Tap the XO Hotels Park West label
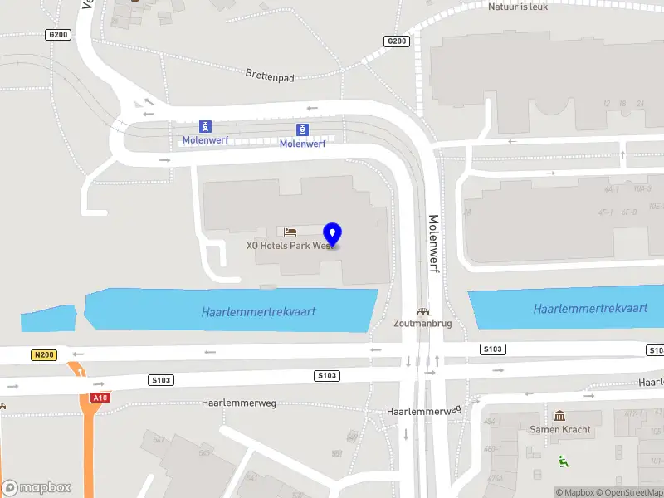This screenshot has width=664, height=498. click(x=289, y=246)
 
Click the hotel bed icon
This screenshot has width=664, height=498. click(x=290, y=231)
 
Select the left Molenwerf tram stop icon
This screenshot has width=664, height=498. click(x=206, y=127)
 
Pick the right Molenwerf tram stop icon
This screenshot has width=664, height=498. click(x=303, y=129)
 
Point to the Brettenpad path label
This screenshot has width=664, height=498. click(x=271, y=75)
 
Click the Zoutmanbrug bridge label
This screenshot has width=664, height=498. click(x=423, y=324)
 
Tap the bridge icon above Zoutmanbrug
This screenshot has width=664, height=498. click(x=423, y=312)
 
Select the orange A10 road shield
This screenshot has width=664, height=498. click(x=100, y=398)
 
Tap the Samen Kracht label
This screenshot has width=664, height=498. click(x=560, y=429)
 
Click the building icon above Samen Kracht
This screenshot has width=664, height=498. click(x=560, y=416)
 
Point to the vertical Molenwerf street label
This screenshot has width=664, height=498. click(x=433, y=245)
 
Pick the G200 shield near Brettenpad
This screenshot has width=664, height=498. click(x=397, y=41)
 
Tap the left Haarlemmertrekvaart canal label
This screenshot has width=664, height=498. click(x=259, y=312)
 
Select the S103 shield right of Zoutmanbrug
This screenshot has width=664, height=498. click(x=492, y=349)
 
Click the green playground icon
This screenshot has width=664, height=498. click(x=564, y=461)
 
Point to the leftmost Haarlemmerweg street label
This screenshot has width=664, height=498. click(x=237, y=403)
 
